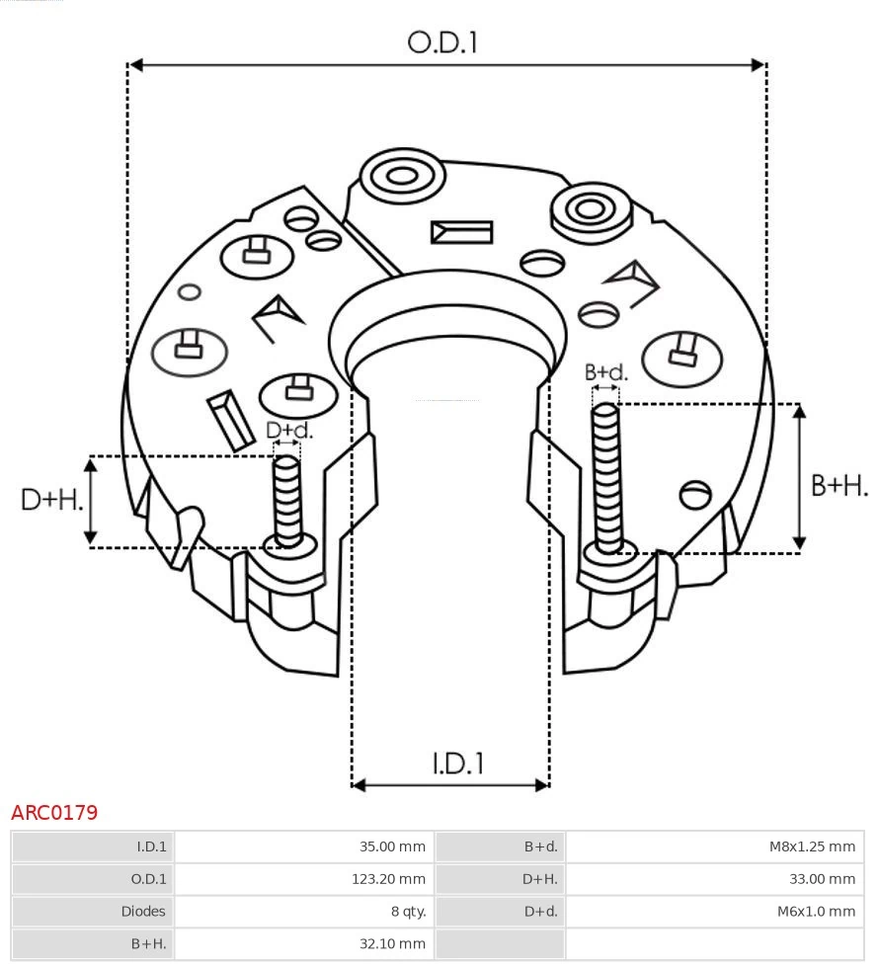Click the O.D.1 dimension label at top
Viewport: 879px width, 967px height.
click(x=442, y=41)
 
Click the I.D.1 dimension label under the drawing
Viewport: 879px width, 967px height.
click(x=457, y=763)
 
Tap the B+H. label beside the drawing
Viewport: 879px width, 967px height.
click(x=839, y=485)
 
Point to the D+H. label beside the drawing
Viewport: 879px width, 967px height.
click(x=51, y=500)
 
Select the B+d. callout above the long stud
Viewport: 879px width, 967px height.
click(x=605, y=372)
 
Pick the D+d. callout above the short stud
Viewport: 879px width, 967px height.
click(x=288, y=430)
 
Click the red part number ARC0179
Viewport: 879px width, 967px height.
click(x=54, y=813)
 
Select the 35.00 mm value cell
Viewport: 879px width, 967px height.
click(x=392, y=846)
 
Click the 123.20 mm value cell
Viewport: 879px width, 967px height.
click(x=388, y=879)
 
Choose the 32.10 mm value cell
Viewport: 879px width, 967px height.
click(x=392, y=943)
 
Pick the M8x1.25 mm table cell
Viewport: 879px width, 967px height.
click(x=812, y=846)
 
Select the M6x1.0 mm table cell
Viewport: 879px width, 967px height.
click(x=816, y=911)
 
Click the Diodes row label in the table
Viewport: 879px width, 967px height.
click(x=144, y=911)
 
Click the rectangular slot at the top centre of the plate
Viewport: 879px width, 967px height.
click(x=461, y=232)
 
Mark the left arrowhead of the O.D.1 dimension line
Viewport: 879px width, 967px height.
click(x=136, y=65)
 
